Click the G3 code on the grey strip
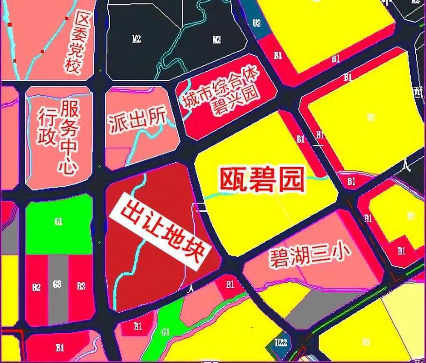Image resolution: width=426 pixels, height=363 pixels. (57, 284)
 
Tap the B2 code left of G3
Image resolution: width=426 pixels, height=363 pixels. (37, 287)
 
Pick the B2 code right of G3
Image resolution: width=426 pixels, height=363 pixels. (81, 286)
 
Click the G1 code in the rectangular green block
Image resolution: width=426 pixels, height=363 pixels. (59, 222)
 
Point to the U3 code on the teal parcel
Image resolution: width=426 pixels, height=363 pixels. (256, 23)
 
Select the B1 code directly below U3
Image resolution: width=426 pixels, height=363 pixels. (278, 55)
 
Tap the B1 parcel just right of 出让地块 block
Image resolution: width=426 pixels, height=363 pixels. (230, 284)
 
